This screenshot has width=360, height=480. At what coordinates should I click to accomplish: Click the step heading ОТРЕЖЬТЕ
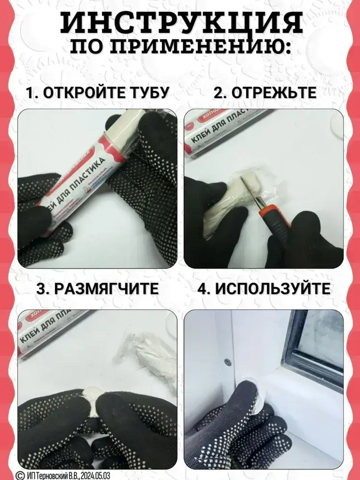[x=274, y=93]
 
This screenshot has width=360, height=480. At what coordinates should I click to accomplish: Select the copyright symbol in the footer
[x=21, y=475]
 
